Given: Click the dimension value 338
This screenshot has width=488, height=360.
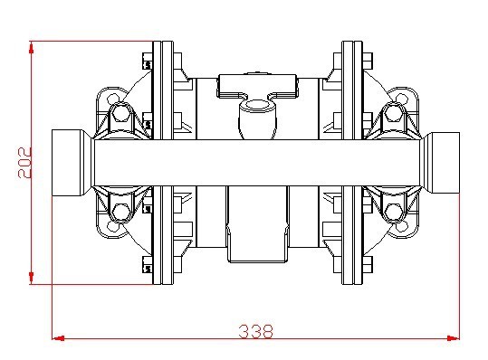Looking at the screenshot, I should (255, 331).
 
